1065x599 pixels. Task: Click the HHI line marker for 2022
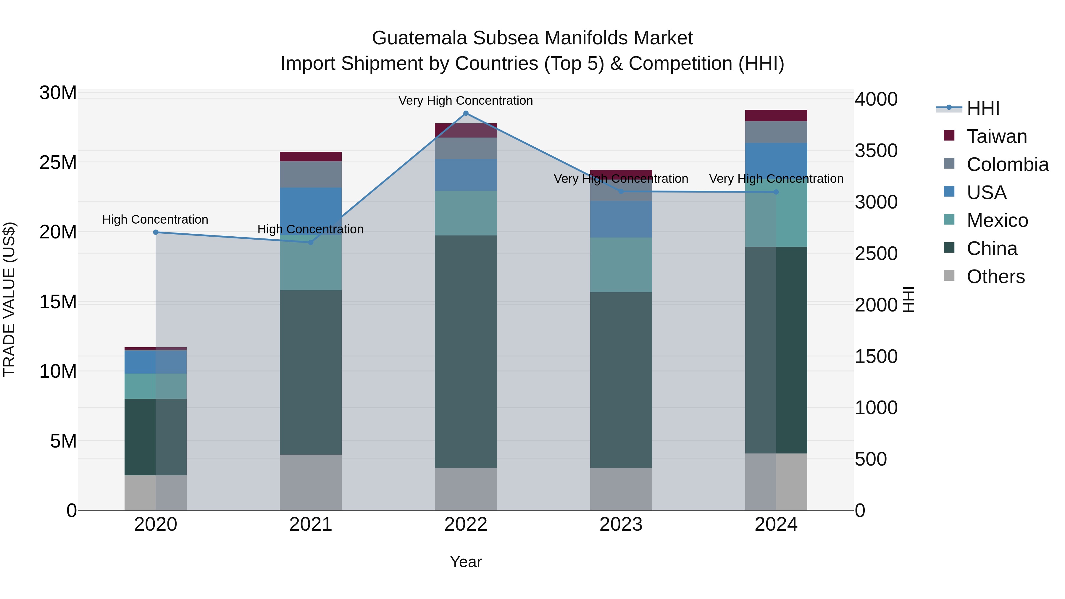click(466, 113)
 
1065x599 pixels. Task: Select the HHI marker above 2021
click(311, 242)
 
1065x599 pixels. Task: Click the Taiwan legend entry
click(996, 136)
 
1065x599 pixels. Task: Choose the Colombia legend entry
click(1007, 164)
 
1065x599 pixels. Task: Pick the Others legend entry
click(995, 277)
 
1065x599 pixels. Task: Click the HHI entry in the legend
click(983, 108)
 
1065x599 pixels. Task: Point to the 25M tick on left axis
click(58, 162)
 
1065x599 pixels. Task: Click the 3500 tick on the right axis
click(876, 151)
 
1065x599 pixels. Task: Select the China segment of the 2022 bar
click(466, 351)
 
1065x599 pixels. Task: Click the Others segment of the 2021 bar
click(311, 482)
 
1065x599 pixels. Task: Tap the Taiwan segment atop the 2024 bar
click(776, 115)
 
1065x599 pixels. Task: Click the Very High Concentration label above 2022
click(466, 101)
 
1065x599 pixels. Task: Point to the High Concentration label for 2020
click(155, 219)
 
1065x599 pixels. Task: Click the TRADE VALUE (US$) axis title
click(9, 299)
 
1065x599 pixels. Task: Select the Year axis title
click(466, 562)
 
